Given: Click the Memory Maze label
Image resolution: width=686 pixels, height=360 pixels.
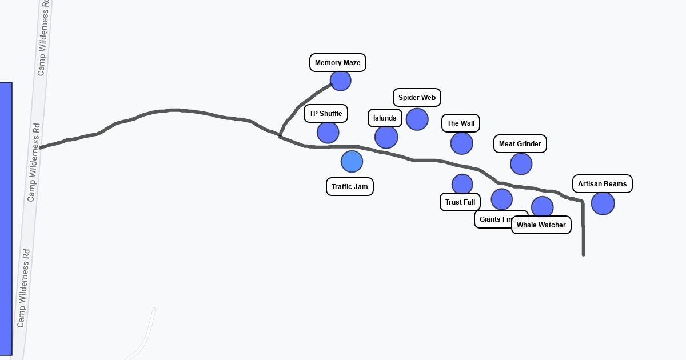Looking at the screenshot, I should pyautogui.click(x=337, y=63).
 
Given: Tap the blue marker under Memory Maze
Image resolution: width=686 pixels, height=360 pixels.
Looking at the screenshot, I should pyautogui.click(x=341, y=81).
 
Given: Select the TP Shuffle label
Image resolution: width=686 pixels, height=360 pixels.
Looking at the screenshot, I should pyautogui.click(x=325, y=114).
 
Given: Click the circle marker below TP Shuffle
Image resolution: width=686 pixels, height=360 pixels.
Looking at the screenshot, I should pyautogui.click(x=328, y=133).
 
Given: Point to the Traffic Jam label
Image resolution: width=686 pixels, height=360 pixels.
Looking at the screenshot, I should pyautogui.click(x=349, y=187).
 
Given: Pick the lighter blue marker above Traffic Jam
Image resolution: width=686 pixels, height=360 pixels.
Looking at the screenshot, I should pyautogui.click(x=352, y=162).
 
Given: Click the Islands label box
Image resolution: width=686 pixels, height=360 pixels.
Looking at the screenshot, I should pyautogui.click(x=384, y=118).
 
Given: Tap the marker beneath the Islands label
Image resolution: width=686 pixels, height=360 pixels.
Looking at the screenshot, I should pyautogui.click(x=386, y=137).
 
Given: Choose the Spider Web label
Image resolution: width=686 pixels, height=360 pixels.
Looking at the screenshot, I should pyautogui.click(x=417, y=98).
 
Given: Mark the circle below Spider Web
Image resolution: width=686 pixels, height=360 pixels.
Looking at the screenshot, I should pyautogui.click(x=417, y=119).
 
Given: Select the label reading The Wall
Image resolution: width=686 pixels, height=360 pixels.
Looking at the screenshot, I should pyautogui.click(x=460, y=123).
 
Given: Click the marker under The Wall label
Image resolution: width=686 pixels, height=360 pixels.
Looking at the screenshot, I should pyautogui.click(x=462, y=143).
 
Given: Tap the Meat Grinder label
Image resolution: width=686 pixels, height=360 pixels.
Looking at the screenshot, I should pyautogui.click(x=520, y=144).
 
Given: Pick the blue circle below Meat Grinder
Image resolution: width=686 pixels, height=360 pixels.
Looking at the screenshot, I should pyautogui.click(x=521, y=164).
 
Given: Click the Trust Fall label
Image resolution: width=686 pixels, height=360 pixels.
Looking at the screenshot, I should pyautogui.click(x=460, y=202).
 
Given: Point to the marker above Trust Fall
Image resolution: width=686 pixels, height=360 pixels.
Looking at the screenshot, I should pyautogui.click(x=462, y=185).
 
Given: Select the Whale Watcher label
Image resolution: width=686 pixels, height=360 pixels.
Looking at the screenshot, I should pyautogui.click(x=541, y=225).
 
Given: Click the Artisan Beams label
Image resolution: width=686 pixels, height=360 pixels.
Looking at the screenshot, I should pyautogui.click(x=602, y=184).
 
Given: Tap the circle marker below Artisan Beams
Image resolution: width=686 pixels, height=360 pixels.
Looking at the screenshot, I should pyautogui.click(x=603, y=203).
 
